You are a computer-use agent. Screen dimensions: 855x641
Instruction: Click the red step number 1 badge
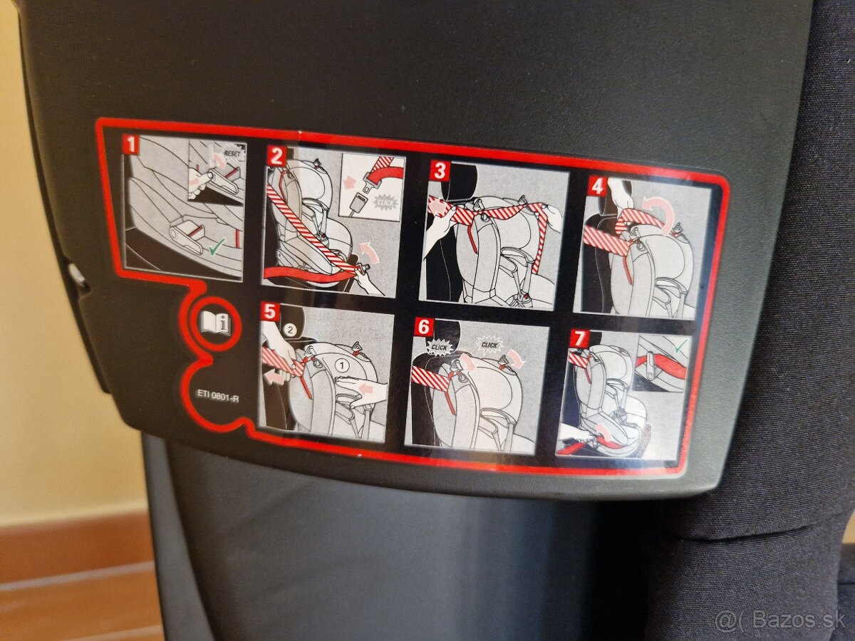(130, 145)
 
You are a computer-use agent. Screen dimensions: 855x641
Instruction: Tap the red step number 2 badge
(276, 156)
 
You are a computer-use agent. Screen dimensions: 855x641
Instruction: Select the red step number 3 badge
(439, 170)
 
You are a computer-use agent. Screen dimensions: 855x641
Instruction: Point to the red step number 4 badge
(597, 187)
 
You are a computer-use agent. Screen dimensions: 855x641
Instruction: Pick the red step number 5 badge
(270, 311)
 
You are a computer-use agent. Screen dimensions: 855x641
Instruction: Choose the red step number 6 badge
(423, 326)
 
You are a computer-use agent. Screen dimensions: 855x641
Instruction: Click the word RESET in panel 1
(232, 153)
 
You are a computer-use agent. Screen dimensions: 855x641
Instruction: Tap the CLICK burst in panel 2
(385, 202)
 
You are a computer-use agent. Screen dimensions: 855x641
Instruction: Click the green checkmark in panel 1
(217, 246)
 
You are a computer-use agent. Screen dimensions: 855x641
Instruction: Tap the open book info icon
(216, 323)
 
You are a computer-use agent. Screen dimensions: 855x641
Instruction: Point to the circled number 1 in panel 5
(341, 365)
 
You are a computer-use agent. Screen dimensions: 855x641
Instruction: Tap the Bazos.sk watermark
(780, 620)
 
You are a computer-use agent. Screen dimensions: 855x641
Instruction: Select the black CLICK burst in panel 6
(440, 346)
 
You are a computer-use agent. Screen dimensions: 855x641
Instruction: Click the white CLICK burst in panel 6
(489, 345)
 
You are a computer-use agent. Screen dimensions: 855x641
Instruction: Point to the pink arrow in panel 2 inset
(352, 182)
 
